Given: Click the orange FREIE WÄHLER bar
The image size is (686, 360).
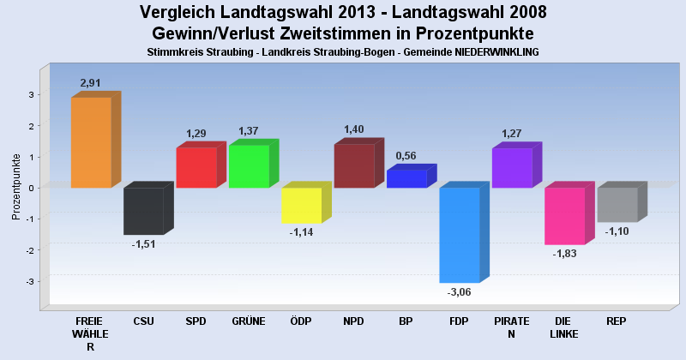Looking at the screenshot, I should [91, 142].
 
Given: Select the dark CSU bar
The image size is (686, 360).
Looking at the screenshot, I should [143, 211].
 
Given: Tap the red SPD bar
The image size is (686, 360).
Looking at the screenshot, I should [196, 168].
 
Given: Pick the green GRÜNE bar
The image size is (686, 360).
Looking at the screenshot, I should [249, 166].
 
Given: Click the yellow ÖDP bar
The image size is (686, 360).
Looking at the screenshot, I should [301, 206].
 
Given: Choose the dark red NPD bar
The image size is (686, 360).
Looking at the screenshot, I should [354, 166].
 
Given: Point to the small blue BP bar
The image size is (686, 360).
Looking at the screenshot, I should [406, 179].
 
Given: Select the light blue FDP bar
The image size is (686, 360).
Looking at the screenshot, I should [459, 235].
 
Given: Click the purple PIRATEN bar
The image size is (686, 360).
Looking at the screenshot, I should [512, 168].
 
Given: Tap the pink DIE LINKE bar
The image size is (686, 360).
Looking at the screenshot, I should [564, 216].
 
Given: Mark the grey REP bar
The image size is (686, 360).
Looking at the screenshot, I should [617, 205].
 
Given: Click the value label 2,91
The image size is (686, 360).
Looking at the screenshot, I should [91, 83].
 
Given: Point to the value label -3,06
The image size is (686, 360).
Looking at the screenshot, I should [460, 292].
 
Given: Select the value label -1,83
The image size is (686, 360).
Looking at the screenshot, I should [564, 255].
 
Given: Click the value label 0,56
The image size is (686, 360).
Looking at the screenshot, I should [406, 156].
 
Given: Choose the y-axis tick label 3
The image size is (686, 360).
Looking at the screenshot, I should [31, 95].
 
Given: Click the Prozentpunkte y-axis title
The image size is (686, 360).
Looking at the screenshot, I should [16, 187].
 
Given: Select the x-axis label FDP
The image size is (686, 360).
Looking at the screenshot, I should [459, 321].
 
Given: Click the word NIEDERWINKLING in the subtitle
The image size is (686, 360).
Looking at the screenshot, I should [490, 52].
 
